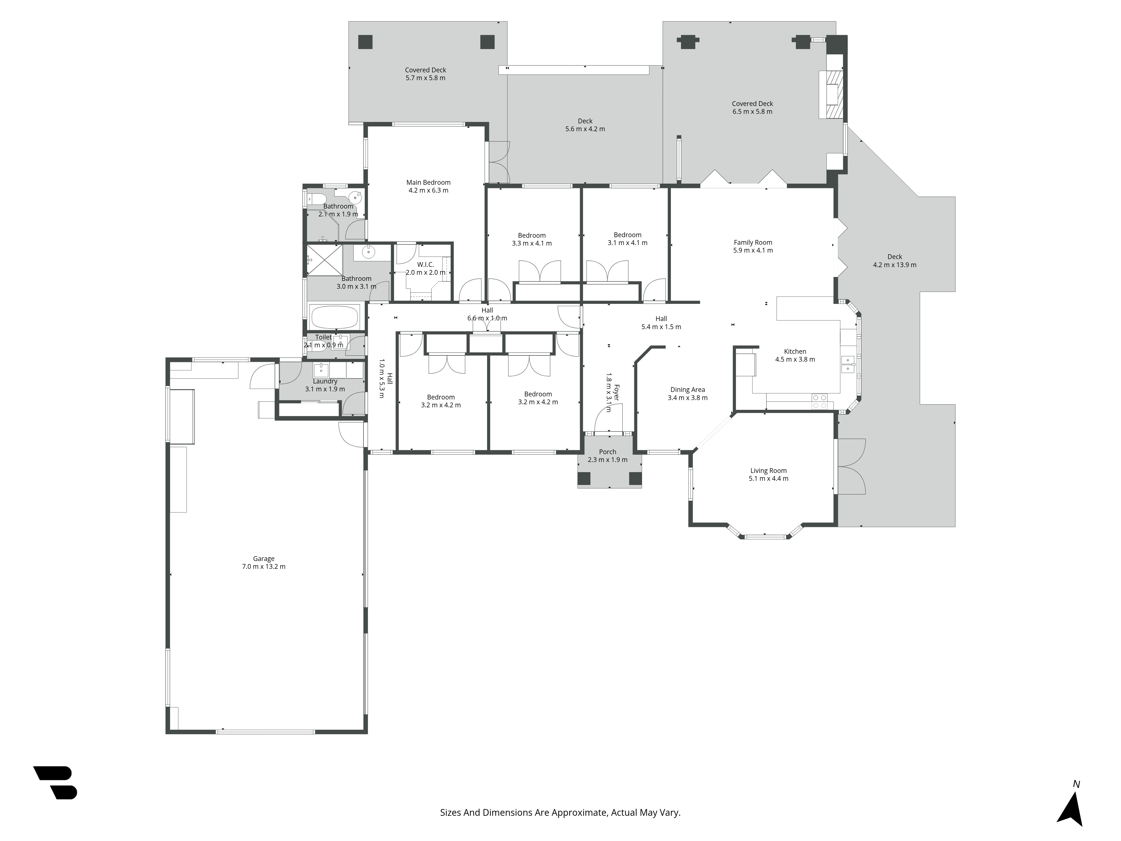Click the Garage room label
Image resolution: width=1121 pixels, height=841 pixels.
pyautogui.click(x=263, y=559)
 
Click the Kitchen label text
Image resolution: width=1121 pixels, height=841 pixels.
pyautogui.click(x=795, y=351)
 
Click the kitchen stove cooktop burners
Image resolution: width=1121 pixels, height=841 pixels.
pyautogui.click(x=819, y=401)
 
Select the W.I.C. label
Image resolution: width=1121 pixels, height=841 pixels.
pyautogui.click(x=425, y=265)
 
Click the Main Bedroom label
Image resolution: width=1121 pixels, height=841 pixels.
pyautogui.click(x=428, y=182)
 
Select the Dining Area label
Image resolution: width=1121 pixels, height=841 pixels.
pyautogui.click(x=687, y=390)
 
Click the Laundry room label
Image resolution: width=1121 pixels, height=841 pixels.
pyautogui.click(x=325, y=381)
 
